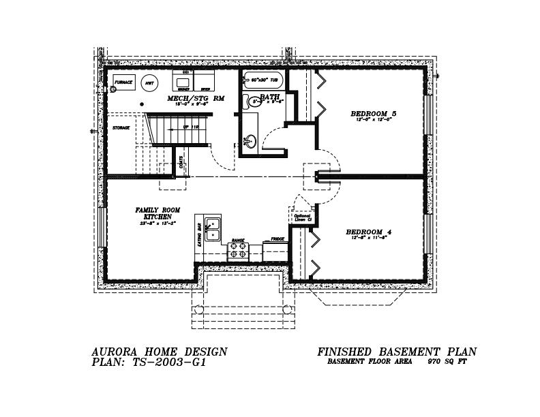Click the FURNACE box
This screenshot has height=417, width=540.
tap(123, 82)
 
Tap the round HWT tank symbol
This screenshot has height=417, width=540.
tap(148, 83)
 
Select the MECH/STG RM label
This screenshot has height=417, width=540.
tap(196, 99)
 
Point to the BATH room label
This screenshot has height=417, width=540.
tap(269, 97)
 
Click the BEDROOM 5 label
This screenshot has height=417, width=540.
tap(373, 113)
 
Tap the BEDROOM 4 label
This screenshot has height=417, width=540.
tap(368, 232)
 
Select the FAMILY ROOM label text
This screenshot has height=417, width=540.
tap(157, 210)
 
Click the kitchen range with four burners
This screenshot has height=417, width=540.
tap(238, 251)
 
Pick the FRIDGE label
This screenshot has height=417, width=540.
tap(277, 239)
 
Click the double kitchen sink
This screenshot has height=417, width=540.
tap(213, 228)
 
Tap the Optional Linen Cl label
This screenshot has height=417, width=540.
tap(302, 218)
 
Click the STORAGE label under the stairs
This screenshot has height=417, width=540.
tap(121, 128)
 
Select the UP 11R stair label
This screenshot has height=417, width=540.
tap(190, 127)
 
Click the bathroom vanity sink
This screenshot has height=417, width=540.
tap(250, 142)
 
